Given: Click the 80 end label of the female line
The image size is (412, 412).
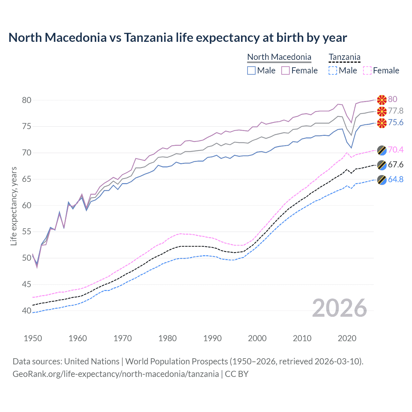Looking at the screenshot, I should pos(392,99).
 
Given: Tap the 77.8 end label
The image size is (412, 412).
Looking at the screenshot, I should pos(396,111).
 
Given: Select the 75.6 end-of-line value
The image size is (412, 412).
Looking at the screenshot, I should pos(396,122).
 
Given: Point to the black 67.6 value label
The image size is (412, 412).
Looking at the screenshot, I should pos(396,164).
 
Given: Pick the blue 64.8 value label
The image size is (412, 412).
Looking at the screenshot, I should pos(396,179).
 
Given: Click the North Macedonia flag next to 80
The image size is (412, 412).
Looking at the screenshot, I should pos(382,100).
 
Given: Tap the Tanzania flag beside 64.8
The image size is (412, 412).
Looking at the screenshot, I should pos(382,180).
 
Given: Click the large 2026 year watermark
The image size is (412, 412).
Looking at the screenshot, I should pos(339,308).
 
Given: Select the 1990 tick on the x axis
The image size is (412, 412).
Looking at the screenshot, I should pos(212,338).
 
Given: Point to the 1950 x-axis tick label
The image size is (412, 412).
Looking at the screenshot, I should pos(33,338).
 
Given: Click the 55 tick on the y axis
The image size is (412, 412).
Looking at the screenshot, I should pos(27,231).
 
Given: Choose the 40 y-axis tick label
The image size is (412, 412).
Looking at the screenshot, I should pos(27,311).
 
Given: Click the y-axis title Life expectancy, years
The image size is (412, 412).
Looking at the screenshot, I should pos(14,206).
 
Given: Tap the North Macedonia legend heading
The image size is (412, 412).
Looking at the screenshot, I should pos(279,57).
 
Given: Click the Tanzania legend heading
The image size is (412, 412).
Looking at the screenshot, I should pos(344,57).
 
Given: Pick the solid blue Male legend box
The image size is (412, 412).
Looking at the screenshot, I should pos(251,70).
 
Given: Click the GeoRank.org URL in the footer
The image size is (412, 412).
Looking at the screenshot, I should pos(116,374).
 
